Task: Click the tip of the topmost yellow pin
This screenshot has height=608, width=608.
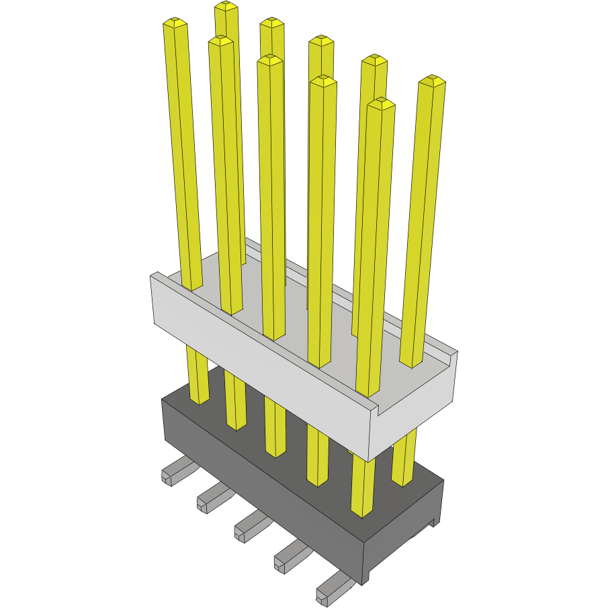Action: (x=226, y=7)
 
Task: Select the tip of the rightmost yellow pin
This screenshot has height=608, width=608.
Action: (x=432, y=81)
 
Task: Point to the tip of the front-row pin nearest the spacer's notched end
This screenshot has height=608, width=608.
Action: (x=382, y=102)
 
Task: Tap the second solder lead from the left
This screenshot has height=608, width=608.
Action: (x=212, y=498)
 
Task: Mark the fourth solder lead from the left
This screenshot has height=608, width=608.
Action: (x=290, y=557)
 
